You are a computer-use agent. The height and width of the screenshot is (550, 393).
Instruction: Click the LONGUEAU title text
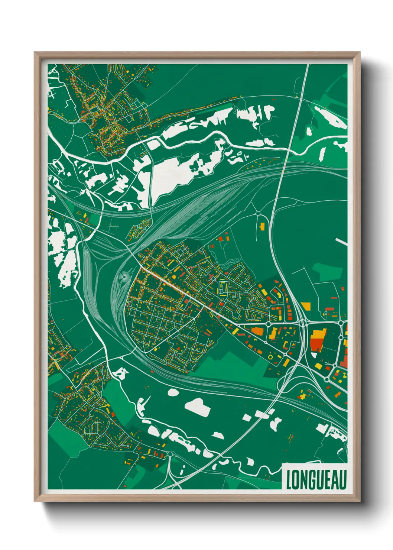tap(316, 480)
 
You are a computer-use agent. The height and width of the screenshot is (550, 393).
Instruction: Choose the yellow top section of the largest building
tap(318, 333)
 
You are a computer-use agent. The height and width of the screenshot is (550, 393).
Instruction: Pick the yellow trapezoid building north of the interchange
tap(306, 306)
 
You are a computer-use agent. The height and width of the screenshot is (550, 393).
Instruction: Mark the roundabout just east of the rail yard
tap(258, 213)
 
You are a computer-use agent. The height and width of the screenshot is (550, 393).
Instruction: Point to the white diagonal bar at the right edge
tap(341, 242)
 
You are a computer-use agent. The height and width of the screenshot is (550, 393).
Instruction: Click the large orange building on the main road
tap(257, 330)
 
